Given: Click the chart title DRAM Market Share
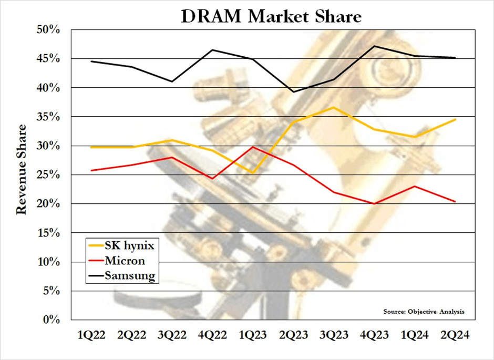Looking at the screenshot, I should click(271, 16).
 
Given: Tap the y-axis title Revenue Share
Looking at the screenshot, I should click(22, 169).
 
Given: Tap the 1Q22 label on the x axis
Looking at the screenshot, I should click(92, 335).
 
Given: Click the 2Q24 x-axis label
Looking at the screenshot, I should click(455, 335).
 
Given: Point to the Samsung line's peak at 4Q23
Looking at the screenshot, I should click(374, 46).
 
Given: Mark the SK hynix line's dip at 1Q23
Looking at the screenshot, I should click(253, 173).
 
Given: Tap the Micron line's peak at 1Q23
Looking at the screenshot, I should click(253, 147).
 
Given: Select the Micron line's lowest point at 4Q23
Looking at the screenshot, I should click(374, 203).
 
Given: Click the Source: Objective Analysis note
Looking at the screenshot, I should click(424, 312).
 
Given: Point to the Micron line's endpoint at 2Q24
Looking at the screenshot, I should click(455, 201).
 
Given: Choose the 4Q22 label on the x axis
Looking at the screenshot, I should click(213, 335).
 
